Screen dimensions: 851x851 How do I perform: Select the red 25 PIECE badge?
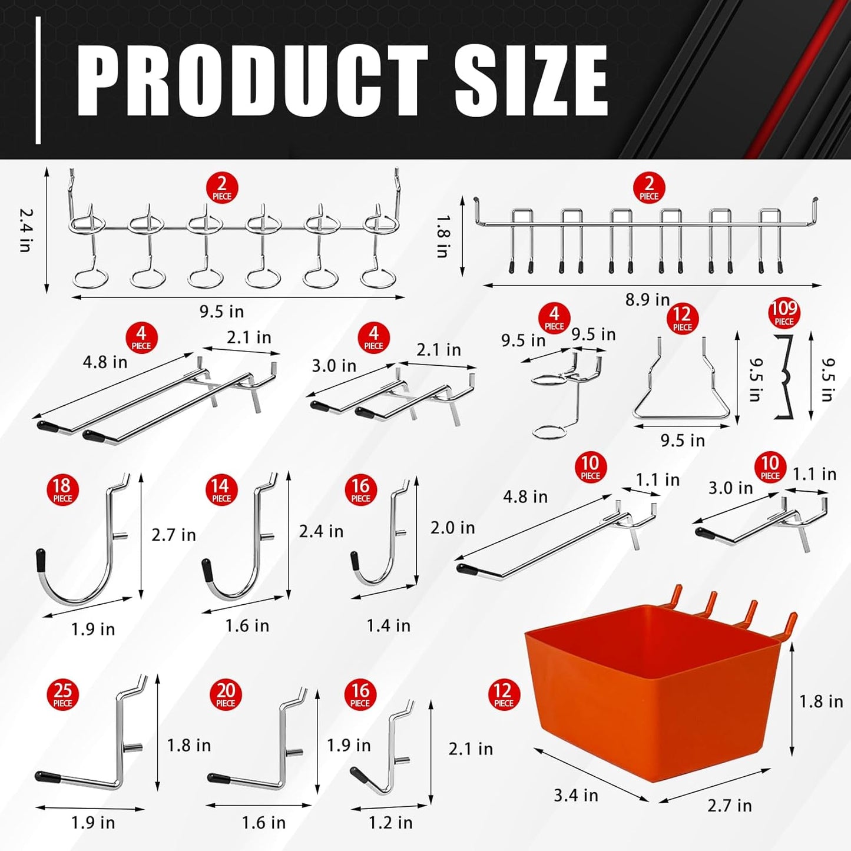click(62, 694)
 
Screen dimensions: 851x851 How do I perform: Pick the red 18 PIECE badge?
click(62, 490)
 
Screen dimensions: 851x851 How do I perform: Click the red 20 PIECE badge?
click(226, 694)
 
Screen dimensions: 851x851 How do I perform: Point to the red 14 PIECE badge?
click(221, 490)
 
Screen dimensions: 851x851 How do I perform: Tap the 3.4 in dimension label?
click(575, 796)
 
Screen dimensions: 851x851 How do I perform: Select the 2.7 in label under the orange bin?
click(729, 805)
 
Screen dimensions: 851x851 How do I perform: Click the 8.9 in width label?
click(647, 300)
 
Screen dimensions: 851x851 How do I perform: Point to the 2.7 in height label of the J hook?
click(173, 535)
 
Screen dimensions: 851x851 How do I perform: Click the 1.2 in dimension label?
click(390, 822)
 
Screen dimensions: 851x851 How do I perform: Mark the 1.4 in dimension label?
click(388, 625)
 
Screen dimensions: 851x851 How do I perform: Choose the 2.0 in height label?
click(452, 528)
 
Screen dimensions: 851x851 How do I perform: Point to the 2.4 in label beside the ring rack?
click(25, 230)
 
